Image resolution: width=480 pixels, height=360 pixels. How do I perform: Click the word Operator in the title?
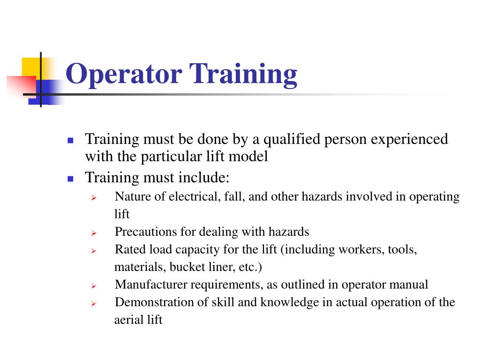tap(123, 75)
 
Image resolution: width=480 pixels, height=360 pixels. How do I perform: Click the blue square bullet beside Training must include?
tap(71, 179)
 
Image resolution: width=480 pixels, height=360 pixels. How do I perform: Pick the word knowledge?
tap(290, 302)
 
